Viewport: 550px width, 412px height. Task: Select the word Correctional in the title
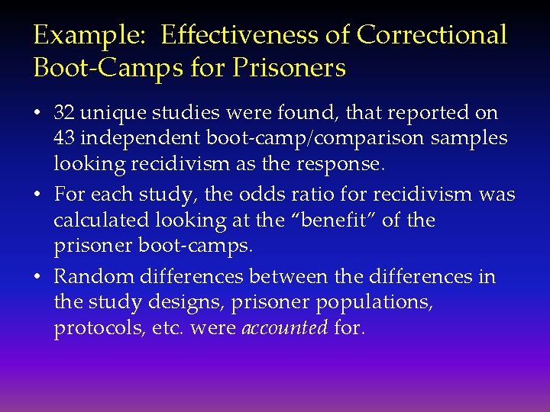coord(432,35)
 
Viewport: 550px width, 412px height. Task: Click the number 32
coord(64,113)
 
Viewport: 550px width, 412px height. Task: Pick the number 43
coord(64,139)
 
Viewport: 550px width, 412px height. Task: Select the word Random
coord(90,276)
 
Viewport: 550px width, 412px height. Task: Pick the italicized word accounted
coord(285,329)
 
